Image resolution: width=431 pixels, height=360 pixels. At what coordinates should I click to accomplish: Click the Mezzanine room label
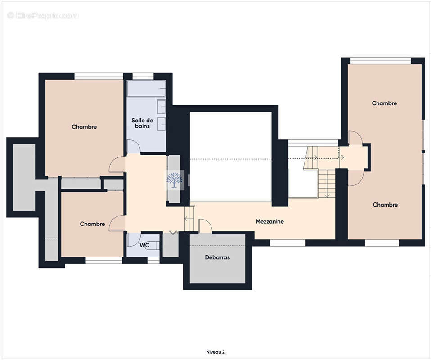(269, 221)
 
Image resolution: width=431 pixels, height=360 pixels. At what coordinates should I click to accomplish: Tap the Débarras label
(217, 257)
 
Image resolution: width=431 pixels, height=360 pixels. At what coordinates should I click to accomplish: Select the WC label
(144, 245)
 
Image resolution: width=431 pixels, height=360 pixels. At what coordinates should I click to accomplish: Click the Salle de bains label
(142, 123)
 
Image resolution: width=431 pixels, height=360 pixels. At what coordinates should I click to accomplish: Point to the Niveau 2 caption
(215, 352)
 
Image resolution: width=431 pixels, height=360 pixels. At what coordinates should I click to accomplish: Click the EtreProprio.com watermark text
(44, 16)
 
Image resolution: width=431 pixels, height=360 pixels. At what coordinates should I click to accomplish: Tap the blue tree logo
(174, 180)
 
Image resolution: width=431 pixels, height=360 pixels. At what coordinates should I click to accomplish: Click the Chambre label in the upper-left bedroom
(84, 127)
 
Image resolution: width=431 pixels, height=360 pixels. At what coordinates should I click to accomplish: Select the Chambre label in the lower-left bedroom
(92, 224)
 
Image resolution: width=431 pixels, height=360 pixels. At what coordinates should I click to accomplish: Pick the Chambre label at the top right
(384, 103)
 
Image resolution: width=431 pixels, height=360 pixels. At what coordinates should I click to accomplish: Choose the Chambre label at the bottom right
(385, 205)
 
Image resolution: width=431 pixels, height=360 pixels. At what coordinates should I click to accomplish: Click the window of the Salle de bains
(143, 76)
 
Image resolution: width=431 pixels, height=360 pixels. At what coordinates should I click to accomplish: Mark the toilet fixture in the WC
(153, 246)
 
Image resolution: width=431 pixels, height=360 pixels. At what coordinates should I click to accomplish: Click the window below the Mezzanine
(288, 243)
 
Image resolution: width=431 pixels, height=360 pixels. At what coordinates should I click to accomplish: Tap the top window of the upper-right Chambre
(381, 61)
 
